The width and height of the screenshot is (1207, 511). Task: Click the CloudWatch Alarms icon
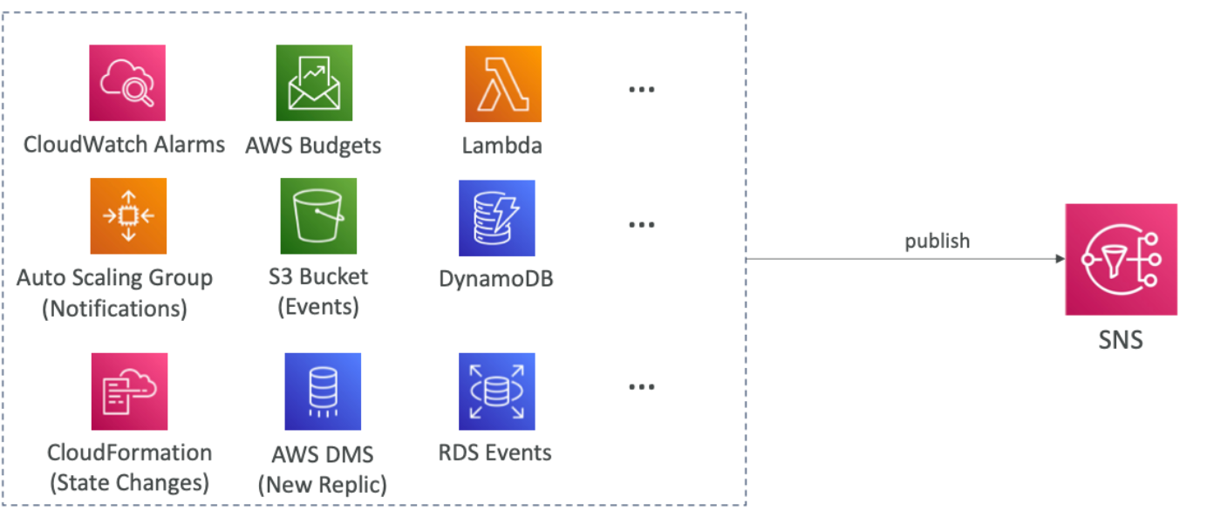tap(127, 83)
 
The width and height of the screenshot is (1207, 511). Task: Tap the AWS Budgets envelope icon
tap(314, 83)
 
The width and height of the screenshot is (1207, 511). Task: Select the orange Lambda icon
tap(502, 84)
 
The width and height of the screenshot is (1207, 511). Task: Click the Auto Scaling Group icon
tap(127, 215)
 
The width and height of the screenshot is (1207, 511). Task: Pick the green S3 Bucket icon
tap(318, 215)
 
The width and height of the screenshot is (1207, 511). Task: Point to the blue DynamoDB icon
tap(497, 218)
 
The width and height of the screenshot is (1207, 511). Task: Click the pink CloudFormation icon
tap(129, 392)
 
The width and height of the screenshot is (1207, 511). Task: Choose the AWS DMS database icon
tap(323, 392)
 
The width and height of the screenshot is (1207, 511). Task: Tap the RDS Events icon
tap(497, 392)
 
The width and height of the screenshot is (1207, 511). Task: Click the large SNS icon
tap(1121, 259)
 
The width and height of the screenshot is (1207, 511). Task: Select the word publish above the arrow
tap(937, 241)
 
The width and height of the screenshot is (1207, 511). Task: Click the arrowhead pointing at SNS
tap(1059, 259)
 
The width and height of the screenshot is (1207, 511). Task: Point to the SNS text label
tap(1121, 338)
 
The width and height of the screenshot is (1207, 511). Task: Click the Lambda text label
tap(502, 145)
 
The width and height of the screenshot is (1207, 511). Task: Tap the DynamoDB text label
tap(496, 279)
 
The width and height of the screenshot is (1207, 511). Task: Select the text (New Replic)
tap(322, 484)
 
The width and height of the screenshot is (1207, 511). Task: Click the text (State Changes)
tap(128, 481)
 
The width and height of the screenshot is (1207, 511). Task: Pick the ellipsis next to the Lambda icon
tap(641, 90)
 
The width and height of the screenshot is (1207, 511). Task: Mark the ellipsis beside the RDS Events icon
tap(641, 386)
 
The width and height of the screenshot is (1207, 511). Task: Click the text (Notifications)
tap(114, 308)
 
